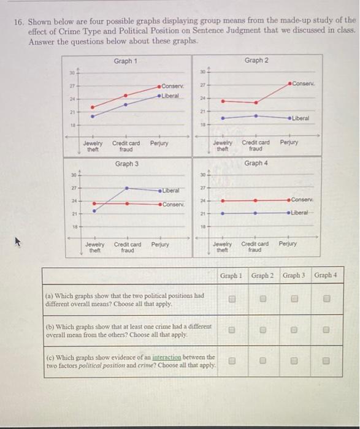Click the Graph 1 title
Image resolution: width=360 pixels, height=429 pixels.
(126, 61)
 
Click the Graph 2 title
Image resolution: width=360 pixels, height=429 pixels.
(256, 60)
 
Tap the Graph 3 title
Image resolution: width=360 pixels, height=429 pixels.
(127, 164)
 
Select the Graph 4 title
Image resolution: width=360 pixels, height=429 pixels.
(256, 163)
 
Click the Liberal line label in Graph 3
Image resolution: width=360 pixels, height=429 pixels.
(172, 191)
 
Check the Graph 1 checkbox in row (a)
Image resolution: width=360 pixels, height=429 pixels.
(231, 299)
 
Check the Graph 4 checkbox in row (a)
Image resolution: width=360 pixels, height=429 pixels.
(326, 299)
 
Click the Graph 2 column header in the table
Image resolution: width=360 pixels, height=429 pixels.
(263, 275)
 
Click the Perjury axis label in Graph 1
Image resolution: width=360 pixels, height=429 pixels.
(159, 143)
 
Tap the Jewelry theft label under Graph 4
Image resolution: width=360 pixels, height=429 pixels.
(222, 246)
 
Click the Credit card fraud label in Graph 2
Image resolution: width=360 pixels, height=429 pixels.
(256, 145)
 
